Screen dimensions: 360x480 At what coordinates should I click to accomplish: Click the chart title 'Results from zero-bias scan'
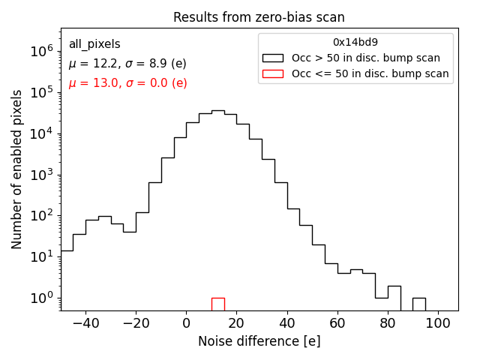[x=259, y=17]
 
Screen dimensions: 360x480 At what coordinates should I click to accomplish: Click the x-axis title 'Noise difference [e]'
[x=259, y=341]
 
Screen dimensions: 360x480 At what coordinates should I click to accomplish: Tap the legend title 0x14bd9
[x=355, y=43]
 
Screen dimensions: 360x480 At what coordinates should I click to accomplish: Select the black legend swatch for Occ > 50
[x=273, y=58]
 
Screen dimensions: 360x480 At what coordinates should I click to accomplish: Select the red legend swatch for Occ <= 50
[x=273, y=73]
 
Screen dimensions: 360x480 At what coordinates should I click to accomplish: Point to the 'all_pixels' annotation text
[x=94, y=44]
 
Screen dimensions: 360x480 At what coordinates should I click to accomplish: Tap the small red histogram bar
[x=217, y=304]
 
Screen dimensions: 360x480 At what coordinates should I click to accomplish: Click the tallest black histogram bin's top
[x=217, y=111]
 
